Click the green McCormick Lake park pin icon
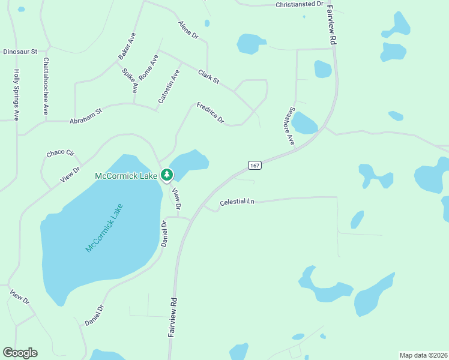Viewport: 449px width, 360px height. click(167, 175)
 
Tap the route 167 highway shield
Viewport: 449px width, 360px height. click(255, 165)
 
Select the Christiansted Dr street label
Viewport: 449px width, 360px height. click(300, 4)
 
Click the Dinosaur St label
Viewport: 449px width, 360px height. click(20, 52)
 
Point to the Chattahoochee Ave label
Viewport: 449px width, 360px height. click(46, 86)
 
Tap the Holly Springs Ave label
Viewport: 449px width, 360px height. click(16, 95)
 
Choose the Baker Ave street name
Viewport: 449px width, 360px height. click(127, 46)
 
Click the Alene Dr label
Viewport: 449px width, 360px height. click(188, 31)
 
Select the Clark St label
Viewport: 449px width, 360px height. click(209, 77)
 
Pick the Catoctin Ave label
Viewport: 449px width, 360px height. click(169, 87)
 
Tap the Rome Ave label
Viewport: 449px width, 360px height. click(148, 68)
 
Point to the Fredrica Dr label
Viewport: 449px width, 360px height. click(210, 113)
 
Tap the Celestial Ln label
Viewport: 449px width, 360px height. click(237, 202)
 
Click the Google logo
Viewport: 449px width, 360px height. click(20, 353)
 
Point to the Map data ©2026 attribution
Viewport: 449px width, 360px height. click(423, 355)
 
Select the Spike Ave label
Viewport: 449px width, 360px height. click(130, 81)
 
